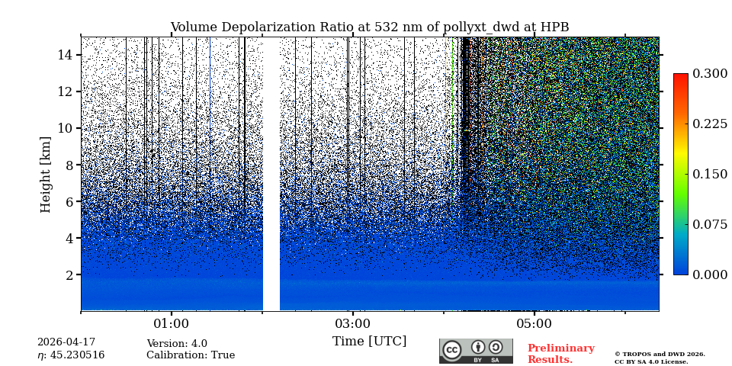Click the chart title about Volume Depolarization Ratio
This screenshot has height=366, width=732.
tap(369, 27)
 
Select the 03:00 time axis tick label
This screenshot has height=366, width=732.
tap(352, 323)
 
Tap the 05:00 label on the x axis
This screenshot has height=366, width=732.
tap(534, 323)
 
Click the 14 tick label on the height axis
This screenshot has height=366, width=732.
tap(65, 55)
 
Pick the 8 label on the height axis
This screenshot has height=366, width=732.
tap(68, 165)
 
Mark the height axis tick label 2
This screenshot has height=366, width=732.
tap(68, 274)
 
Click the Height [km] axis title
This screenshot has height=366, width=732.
tap(46, 174)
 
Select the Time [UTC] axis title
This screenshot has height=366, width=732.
tap(369, 341)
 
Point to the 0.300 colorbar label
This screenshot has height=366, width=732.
tap(709, 74)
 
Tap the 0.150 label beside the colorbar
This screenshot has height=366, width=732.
tap(709, 174)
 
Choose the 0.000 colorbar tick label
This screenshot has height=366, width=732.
tap(709, 274)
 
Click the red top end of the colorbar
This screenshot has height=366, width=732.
tap(680, 77)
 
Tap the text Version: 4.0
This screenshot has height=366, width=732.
tap(177, 344)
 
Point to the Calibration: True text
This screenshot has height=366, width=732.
tap(191, 355)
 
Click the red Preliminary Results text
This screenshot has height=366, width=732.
tap(560, 354)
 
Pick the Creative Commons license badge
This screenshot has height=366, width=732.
tap(476, 351)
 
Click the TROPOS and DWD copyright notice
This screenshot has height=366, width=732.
tap(660, 358)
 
